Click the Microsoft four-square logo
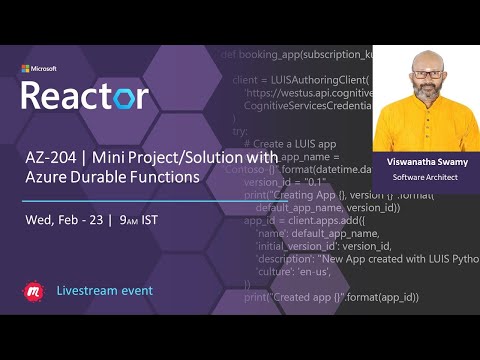coord(27,69)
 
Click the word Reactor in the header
coord(85,95)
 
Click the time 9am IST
coord(140,219)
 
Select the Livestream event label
coord(105,291)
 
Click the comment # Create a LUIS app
coord(290,143)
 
